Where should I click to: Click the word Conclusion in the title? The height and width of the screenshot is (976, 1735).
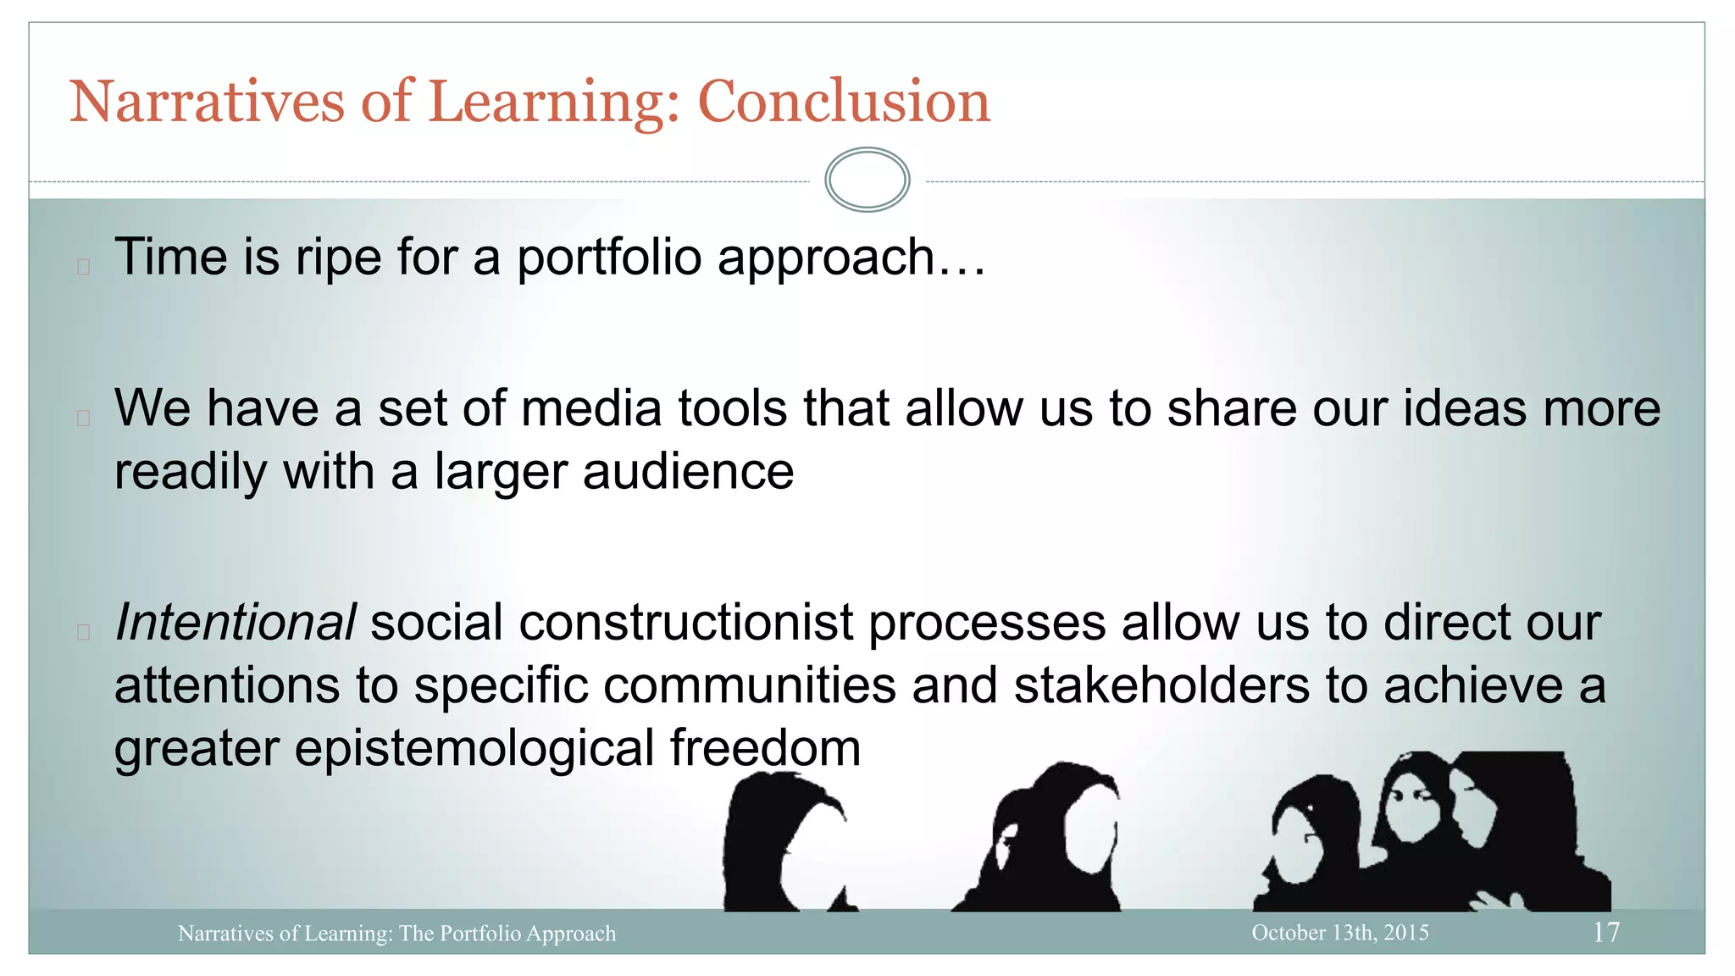coord(843,102)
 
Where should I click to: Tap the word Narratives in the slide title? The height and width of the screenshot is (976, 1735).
coord(207,102)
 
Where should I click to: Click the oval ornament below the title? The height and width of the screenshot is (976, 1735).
coord(867,180)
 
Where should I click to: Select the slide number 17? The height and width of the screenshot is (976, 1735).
coord(1605,932)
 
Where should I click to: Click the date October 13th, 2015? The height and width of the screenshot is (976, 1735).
coord(1339,932)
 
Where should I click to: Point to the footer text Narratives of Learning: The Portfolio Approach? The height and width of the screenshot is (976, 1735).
coord(396,933)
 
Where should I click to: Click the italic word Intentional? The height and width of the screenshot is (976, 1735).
coord(235,623)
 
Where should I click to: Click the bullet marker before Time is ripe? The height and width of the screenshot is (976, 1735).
coord(83,267)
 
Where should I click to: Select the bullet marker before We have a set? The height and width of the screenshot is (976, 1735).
coord(83,418)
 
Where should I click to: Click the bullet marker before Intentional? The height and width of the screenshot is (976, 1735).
coord(83,632)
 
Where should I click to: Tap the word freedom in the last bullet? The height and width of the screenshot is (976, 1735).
coord(765,748)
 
